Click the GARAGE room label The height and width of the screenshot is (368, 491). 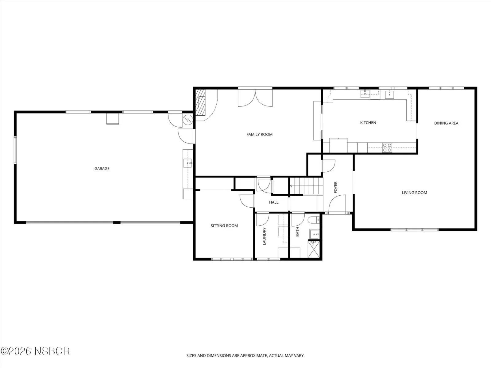click(102, 169)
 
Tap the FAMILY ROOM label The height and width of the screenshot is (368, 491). click(260, 135)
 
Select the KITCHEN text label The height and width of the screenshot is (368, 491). click(368, 123)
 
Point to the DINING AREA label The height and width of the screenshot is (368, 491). click(446, 123)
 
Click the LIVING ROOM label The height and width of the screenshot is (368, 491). click(414, 193)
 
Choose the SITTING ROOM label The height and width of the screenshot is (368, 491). click(224, 226)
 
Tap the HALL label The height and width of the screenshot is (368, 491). click(273, 202)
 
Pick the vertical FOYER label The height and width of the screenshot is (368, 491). click(335, 187)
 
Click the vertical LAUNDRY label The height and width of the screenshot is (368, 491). click(264, 236)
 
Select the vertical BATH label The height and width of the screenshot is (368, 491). click(297, 232)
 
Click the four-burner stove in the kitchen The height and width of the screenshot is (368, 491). click(387, 148)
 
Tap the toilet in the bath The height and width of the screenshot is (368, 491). click(314, 220)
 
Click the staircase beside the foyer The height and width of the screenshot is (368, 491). click(307, 186)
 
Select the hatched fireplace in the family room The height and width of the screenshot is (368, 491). click(200, 102)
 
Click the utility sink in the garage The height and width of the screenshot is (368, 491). click(188, 163)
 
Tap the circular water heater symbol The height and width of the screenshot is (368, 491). click(188, 120)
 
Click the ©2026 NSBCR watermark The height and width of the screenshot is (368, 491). click(35, 351)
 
